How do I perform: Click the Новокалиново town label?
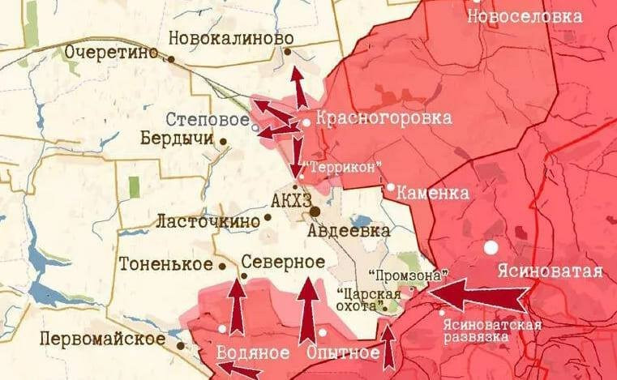tap(230, 38)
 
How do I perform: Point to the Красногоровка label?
tap(383, 118)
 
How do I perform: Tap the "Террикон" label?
tap(341, 167)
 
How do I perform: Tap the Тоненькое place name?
tap(165, 264)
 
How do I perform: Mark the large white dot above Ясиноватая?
tap(491, 246)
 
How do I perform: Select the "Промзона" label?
tap(396, 275)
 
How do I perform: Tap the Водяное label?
tap(252, 353)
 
